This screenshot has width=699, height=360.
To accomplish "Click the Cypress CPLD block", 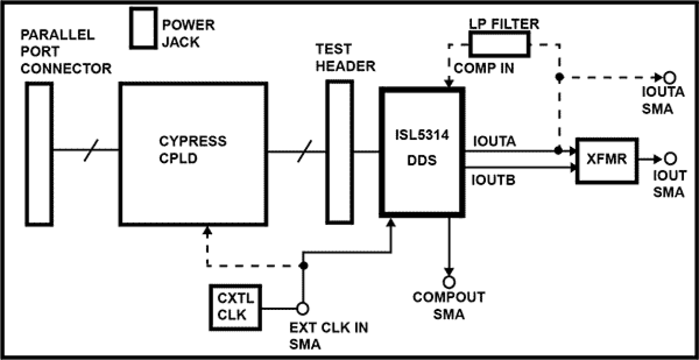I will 194,154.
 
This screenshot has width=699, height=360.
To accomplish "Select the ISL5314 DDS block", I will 422,152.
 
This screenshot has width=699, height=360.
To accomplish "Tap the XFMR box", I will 606,160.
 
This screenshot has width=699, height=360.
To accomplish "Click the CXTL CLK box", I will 235,307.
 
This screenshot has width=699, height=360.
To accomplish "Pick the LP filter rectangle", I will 498,44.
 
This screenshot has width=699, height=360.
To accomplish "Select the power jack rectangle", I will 142,27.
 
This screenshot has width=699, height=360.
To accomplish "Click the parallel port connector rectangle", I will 38,154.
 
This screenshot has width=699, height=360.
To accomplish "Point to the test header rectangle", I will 339,152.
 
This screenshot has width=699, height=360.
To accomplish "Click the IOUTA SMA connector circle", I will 671,77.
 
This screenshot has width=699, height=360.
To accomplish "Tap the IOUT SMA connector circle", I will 671,159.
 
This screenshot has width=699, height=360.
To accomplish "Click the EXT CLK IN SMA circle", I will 303,308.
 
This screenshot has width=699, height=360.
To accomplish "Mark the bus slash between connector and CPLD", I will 88,151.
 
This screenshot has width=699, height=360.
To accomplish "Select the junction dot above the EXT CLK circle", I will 303,265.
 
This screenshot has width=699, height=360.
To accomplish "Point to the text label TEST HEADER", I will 345,58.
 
